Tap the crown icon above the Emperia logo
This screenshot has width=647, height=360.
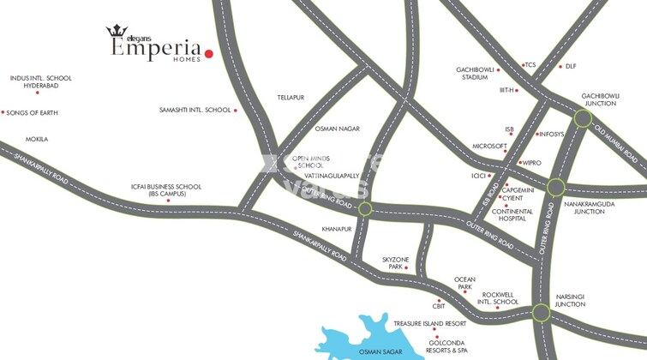[x=117, y=32]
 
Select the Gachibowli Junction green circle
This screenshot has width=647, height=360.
[x=583, y=118]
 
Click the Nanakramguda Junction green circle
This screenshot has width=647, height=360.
[x=555, y=187]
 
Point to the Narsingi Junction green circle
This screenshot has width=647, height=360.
[x=541, y=313]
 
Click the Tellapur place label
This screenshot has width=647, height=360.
[x=291, y=98]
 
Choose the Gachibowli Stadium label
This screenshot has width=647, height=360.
[x=475, y=73]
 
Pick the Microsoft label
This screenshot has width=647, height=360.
[x=490, y=147]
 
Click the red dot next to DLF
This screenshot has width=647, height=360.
[x=560, y=66]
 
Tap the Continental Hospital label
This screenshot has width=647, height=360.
[x=513, y=215]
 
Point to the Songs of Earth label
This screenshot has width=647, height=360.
[x=33, y=113]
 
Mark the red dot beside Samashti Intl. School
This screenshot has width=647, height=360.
[x=236, y=111]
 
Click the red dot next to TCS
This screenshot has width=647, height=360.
[x=521, y=65]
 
